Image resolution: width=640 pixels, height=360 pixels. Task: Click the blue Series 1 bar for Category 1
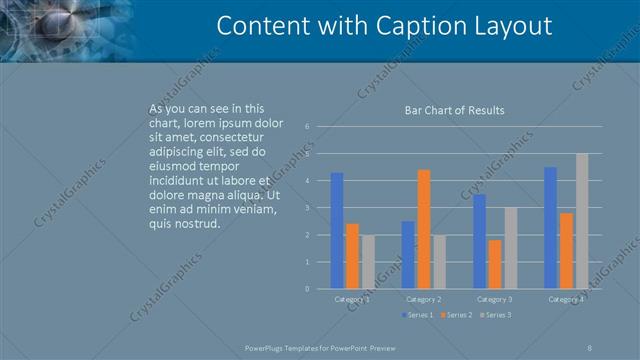tap(337, 231)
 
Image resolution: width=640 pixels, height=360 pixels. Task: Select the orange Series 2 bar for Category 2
tap(423, 229)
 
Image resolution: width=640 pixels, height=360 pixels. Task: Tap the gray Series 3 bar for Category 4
tap(582, 221)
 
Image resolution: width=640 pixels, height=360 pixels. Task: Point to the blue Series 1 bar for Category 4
tap(551, 228)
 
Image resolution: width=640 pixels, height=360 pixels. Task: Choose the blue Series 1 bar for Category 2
tap(408, 255)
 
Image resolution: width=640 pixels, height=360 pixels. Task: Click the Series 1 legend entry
tap(419, 315)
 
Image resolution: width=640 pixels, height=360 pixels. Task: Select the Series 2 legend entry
tap(457, 315)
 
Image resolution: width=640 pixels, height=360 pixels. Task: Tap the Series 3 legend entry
tap(496, 315)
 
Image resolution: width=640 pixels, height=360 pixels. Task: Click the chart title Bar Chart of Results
tap(454, 110)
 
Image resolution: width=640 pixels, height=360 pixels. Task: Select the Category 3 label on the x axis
tap(495, 299)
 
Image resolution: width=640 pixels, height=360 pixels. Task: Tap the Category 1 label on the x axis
tap(352, 299)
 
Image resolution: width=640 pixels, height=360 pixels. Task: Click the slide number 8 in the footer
tap(590, 346)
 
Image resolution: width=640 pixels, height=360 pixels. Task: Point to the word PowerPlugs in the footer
tap(267, 346)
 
